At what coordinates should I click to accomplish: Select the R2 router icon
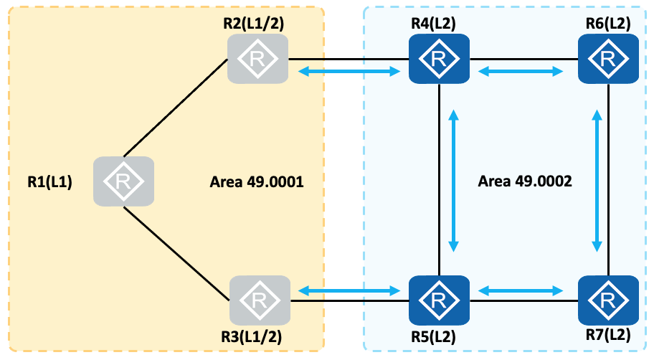tap(257, 59)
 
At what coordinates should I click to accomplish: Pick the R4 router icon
tap(438, 59)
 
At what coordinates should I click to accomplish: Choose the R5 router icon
tap(438, 300)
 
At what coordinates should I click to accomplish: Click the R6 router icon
tap(608, 59)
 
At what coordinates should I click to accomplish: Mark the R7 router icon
tap(608, 300)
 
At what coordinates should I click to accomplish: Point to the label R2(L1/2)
tap(253, 22)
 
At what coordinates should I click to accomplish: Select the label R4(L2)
tap(433, 22)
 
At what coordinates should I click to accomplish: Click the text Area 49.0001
tap(257, 182)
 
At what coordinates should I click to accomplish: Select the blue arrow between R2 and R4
tap(349, 71)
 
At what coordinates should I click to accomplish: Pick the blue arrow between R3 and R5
tap(349, 290)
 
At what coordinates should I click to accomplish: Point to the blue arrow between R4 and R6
tap(521, 71)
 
